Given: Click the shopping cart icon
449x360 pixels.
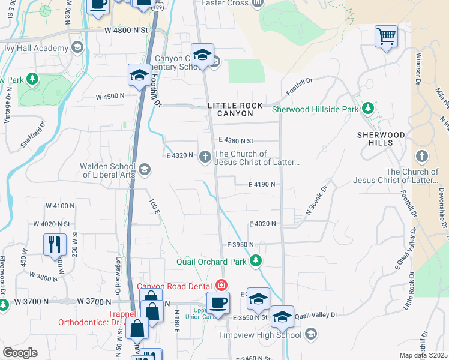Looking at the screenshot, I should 386,36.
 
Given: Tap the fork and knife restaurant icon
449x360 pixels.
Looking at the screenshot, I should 55,244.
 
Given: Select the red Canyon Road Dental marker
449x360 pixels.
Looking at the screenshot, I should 221,285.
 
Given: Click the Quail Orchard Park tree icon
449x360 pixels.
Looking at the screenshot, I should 256,261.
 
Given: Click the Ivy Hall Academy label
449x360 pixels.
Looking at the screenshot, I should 35,48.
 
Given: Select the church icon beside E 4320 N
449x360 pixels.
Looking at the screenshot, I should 205,157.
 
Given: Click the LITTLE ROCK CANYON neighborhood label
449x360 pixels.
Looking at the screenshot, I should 235,109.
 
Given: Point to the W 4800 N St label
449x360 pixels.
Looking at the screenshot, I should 125,29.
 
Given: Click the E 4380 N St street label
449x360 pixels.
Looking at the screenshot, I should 237,140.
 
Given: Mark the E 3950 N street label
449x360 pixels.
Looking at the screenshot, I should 241,245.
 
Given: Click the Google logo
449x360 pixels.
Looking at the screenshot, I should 20,353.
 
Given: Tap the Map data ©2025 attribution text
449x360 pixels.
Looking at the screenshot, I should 423,355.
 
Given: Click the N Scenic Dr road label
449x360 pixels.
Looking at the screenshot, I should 318,200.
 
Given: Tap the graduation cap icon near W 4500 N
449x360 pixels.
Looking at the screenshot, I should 139,75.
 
